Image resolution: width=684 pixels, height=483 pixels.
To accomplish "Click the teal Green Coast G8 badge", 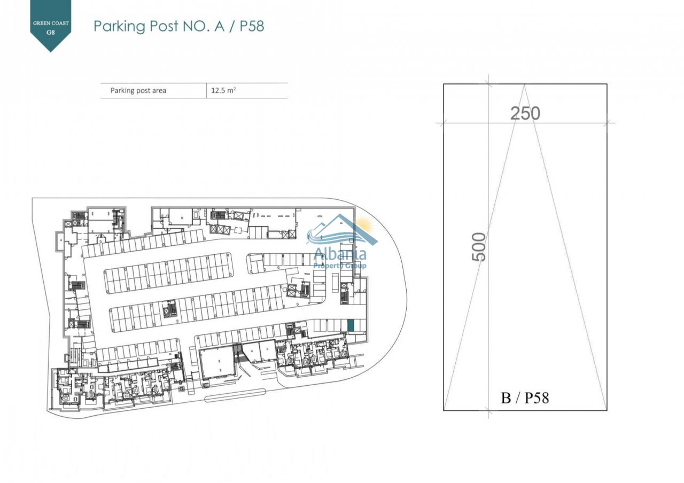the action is (x=51, y=23).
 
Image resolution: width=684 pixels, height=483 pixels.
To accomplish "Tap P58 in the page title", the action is (x=252, y=26).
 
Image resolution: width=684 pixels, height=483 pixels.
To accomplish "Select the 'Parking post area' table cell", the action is (x=138, y=90).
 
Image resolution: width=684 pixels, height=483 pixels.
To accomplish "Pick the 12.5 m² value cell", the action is (x=223, y=90).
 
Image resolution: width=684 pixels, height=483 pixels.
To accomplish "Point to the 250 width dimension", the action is (x=525, y=114).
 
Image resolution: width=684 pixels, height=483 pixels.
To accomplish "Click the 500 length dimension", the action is (x=479, y=247).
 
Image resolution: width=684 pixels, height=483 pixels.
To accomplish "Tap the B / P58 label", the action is (x=525, y=398).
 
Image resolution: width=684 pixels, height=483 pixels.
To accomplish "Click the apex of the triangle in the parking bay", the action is (x=524, y=85).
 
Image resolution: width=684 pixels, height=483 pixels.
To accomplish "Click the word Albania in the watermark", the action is (x=340, y=254).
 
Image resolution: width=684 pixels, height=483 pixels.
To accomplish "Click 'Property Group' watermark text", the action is (x=340, y=266).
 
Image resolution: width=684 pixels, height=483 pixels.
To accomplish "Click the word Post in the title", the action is (x=164, y=26).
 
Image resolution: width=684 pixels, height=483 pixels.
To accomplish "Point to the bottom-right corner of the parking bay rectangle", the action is (x=607, y=410).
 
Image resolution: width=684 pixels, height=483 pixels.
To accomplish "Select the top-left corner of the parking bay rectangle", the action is (x=444, y=84).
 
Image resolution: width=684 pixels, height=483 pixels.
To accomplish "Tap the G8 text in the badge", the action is (x=51, y=33).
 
